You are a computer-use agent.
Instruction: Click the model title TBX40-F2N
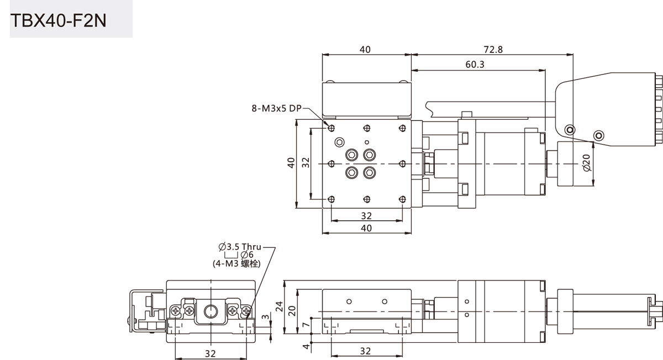click(59, 21)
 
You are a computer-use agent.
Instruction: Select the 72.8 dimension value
click(493, 49)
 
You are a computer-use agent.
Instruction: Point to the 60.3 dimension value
click(475, 65)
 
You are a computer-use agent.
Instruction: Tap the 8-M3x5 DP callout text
click(276, 109)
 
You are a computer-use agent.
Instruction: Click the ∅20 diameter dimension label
click(587, 163)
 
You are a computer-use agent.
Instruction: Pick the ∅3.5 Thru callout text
click(240, 247)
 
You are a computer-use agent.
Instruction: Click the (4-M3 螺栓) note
click(237, 263)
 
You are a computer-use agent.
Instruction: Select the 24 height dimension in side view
click(279, 306)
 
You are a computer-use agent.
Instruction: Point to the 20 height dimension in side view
click(292, 311)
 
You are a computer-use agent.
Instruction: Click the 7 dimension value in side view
click(306, 325)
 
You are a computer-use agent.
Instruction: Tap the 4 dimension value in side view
click(306, 346)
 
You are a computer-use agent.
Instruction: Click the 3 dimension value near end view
click(266, 317)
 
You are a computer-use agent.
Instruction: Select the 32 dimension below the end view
click(211, 353)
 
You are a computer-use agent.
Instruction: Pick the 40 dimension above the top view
click(365, 49)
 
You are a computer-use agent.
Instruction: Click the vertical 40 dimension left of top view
click(291, 163)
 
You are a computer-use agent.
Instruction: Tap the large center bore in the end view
click(211, 311)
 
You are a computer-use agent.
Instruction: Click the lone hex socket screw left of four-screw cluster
click(339, 142)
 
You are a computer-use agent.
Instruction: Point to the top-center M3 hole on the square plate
click(367, 128)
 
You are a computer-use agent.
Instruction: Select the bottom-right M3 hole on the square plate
click(402, 199)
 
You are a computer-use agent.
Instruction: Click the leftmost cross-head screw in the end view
click(176, 311)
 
